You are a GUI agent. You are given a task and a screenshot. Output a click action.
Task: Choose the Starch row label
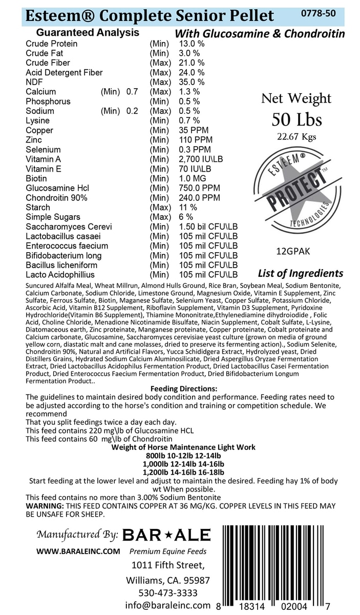(38, 208)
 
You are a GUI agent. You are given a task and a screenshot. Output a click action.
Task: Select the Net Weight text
(297, 98)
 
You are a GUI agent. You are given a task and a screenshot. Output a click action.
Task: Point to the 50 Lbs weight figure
(297, 119)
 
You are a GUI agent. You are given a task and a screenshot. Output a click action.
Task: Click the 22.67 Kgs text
(297, 136)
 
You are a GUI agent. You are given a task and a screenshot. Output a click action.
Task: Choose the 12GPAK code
(293, 252)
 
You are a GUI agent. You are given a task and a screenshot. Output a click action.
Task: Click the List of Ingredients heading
(300, 273)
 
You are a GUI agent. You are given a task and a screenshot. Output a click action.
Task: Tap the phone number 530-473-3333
(168, 593)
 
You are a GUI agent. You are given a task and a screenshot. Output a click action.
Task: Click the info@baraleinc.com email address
(168, 605)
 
